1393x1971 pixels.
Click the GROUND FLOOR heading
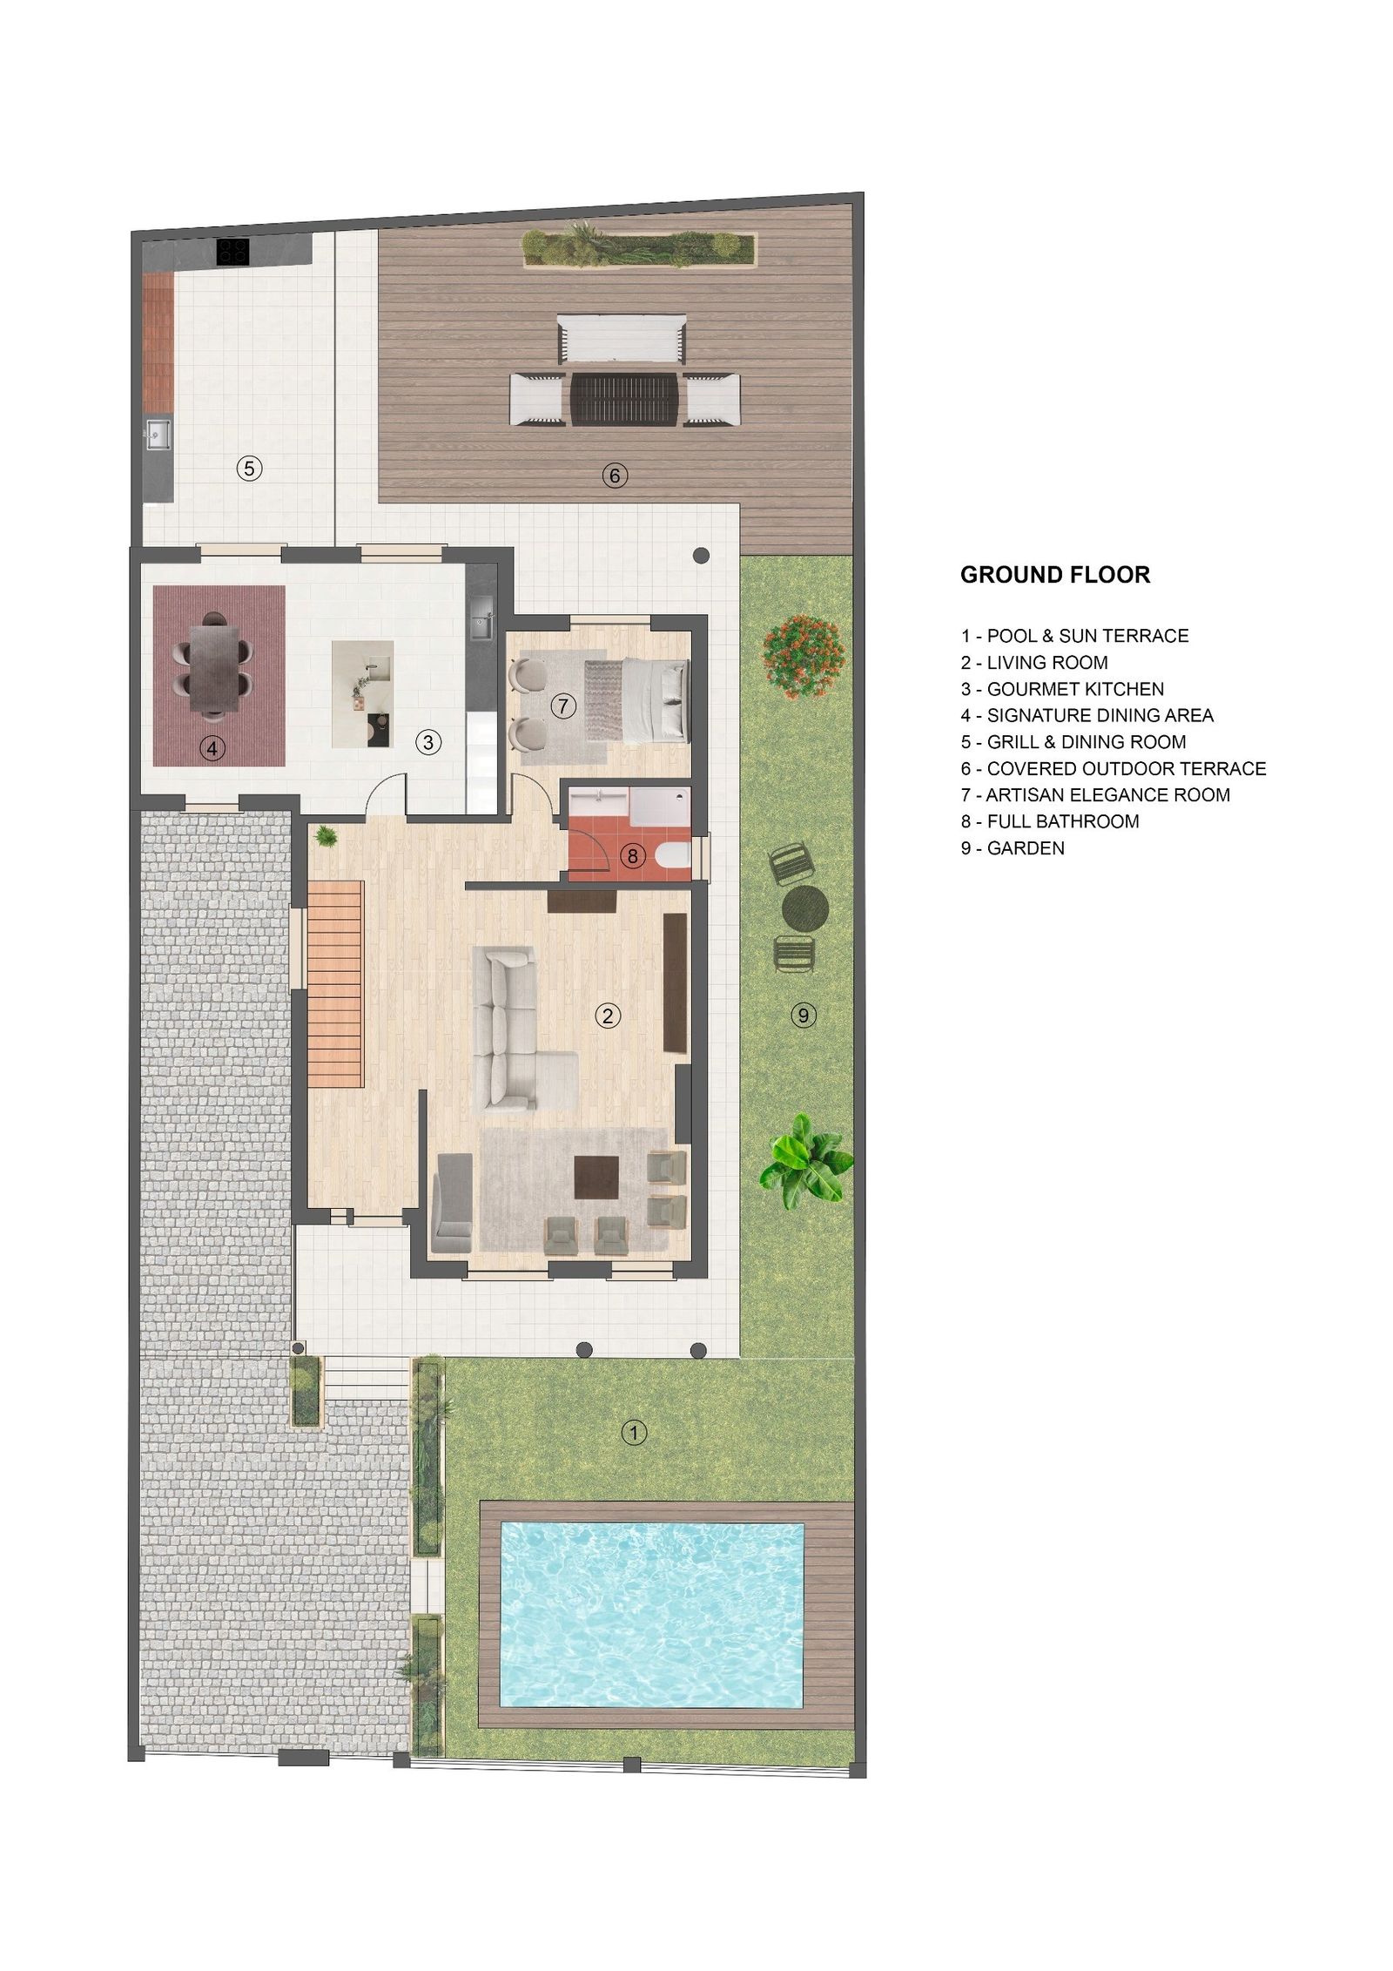pos(1054,575)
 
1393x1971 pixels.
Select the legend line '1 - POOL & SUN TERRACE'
pos(1074,636)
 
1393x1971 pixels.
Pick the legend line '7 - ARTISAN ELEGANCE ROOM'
pos(1095,795)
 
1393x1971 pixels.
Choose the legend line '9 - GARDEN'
pos(1013,848)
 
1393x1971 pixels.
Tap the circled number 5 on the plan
pos(249,469)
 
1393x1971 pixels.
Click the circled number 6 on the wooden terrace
pos(615,476)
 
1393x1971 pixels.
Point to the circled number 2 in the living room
pos(607,1015)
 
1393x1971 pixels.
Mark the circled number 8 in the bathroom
pos(632,856)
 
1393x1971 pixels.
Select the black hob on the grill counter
pos(233,252)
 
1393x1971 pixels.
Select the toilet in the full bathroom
pos(675,855)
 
